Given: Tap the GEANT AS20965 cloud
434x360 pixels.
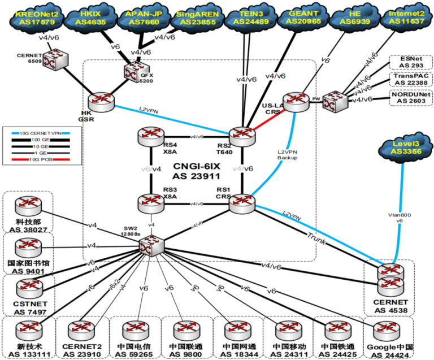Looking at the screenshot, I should pyautogui.click(x=301, y=18).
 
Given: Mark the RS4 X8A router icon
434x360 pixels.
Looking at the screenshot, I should pyautogui.click(x=151, y=137).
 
